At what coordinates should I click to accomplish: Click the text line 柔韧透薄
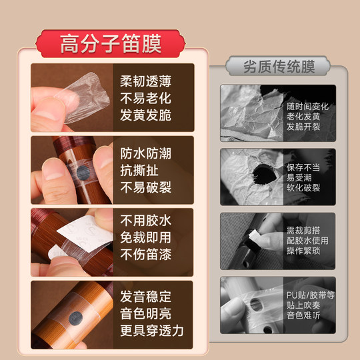(x=145, y=82)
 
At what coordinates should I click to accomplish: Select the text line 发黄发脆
(x=145, y=115)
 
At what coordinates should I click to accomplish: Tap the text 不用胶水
(x=145, y=221)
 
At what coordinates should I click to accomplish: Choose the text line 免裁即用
(x=145, y=237)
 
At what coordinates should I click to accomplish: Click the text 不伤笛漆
(x=145, y=254)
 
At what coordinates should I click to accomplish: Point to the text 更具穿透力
(x=152, y=330)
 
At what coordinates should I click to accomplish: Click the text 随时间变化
(x=307, y=106)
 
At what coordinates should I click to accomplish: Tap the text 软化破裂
(x=303, y=189)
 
